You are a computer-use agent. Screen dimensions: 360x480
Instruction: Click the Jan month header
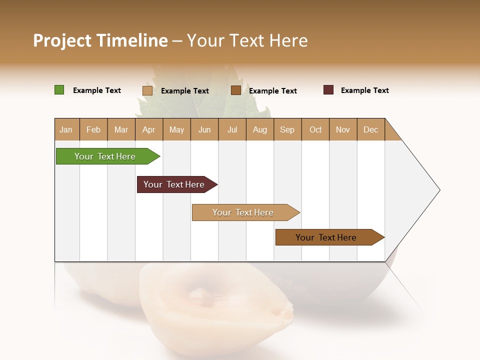point(66,129)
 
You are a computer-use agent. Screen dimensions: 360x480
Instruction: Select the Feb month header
point(93,129)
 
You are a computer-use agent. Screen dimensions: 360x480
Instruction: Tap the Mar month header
point(121,129)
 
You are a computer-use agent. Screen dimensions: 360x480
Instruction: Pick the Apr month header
point(149,129)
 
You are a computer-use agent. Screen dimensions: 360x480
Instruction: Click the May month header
point(176,129)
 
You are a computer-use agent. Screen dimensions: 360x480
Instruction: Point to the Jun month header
point(204,129)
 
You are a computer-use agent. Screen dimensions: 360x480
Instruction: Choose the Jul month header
point(232,129)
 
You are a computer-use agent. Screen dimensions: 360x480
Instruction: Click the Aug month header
point(260,129)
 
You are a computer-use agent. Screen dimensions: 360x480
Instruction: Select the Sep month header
point(287,129)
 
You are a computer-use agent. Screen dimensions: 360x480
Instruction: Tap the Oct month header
point(315,129)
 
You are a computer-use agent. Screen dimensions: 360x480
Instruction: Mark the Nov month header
point(343,129)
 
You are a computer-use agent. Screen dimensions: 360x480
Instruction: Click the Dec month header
point(371,129)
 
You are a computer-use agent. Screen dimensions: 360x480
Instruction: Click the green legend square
point(59,90)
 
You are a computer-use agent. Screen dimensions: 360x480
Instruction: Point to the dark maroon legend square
point(328,90)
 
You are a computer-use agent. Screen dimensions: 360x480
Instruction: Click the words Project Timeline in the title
point(100,40)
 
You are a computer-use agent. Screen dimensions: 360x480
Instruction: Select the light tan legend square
point(147,90)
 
